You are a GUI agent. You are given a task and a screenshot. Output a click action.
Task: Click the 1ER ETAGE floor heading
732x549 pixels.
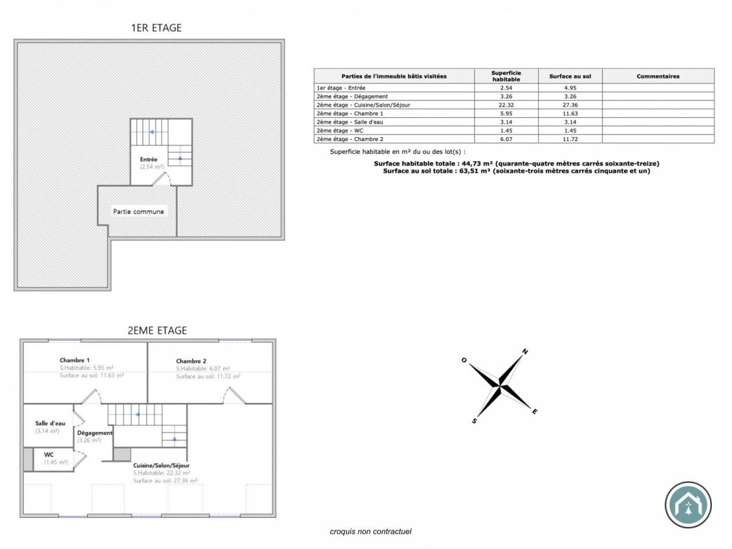click(x=156, y=27)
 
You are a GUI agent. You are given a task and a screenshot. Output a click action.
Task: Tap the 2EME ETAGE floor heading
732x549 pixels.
click(x=157, y=331)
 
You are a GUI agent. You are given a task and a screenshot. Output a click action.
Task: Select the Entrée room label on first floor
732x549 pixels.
click(x=149, y=160)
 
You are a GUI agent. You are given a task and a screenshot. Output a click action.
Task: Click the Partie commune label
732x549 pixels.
click(x=138, y=212)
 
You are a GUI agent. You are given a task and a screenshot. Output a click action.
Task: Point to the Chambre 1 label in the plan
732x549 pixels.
click(x=75, y=360)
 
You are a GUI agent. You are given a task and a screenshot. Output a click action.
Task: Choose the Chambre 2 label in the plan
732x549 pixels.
click(x=192, y=361)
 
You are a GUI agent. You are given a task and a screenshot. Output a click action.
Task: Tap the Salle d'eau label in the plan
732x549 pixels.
click(x=50, y=423)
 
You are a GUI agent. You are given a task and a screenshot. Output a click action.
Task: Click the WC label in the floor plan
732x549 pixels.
click(x=49, y=454)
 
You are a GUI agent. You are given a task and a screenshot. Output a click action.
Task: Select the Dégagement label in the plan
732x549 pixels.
click(x=95, y=432)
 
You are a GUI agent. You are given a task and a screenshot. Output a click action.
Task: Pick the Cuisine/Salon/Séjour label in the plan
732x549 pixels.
click(x=162, y=465)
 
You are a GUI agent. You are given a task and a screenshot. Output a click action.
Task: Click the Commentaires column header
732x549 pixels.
click(x=658, y=76)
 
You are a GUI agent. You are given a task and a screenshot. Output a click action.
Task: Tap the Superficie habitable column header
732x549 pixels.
click(x=506, y=76)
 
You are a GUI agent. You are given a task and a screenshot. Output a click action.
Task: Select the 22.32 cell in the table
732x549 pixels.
click(x=506, y=105)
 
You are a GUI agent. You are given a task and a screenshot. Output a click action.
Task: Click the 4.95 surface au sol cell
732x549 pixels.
click(x=570, y=88)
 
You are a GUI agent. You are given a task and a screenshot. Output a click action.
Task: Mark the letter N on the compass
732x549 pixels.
click(x=525, y=352)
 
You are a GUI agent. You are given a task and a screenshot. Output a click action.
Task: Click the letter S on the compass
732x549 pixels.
click(x=474, y=420)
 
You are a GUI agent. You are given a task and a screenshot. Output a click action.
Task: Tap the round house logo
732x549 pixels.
click(x=688, y=504)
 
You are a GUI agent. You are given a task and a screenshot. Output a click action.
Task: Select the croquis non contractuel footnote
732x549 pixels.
click(x=371, y=531)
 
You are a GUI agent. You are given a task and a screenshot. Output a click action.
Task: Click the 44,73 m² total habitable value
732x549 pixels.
click(x=477, y=163)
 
